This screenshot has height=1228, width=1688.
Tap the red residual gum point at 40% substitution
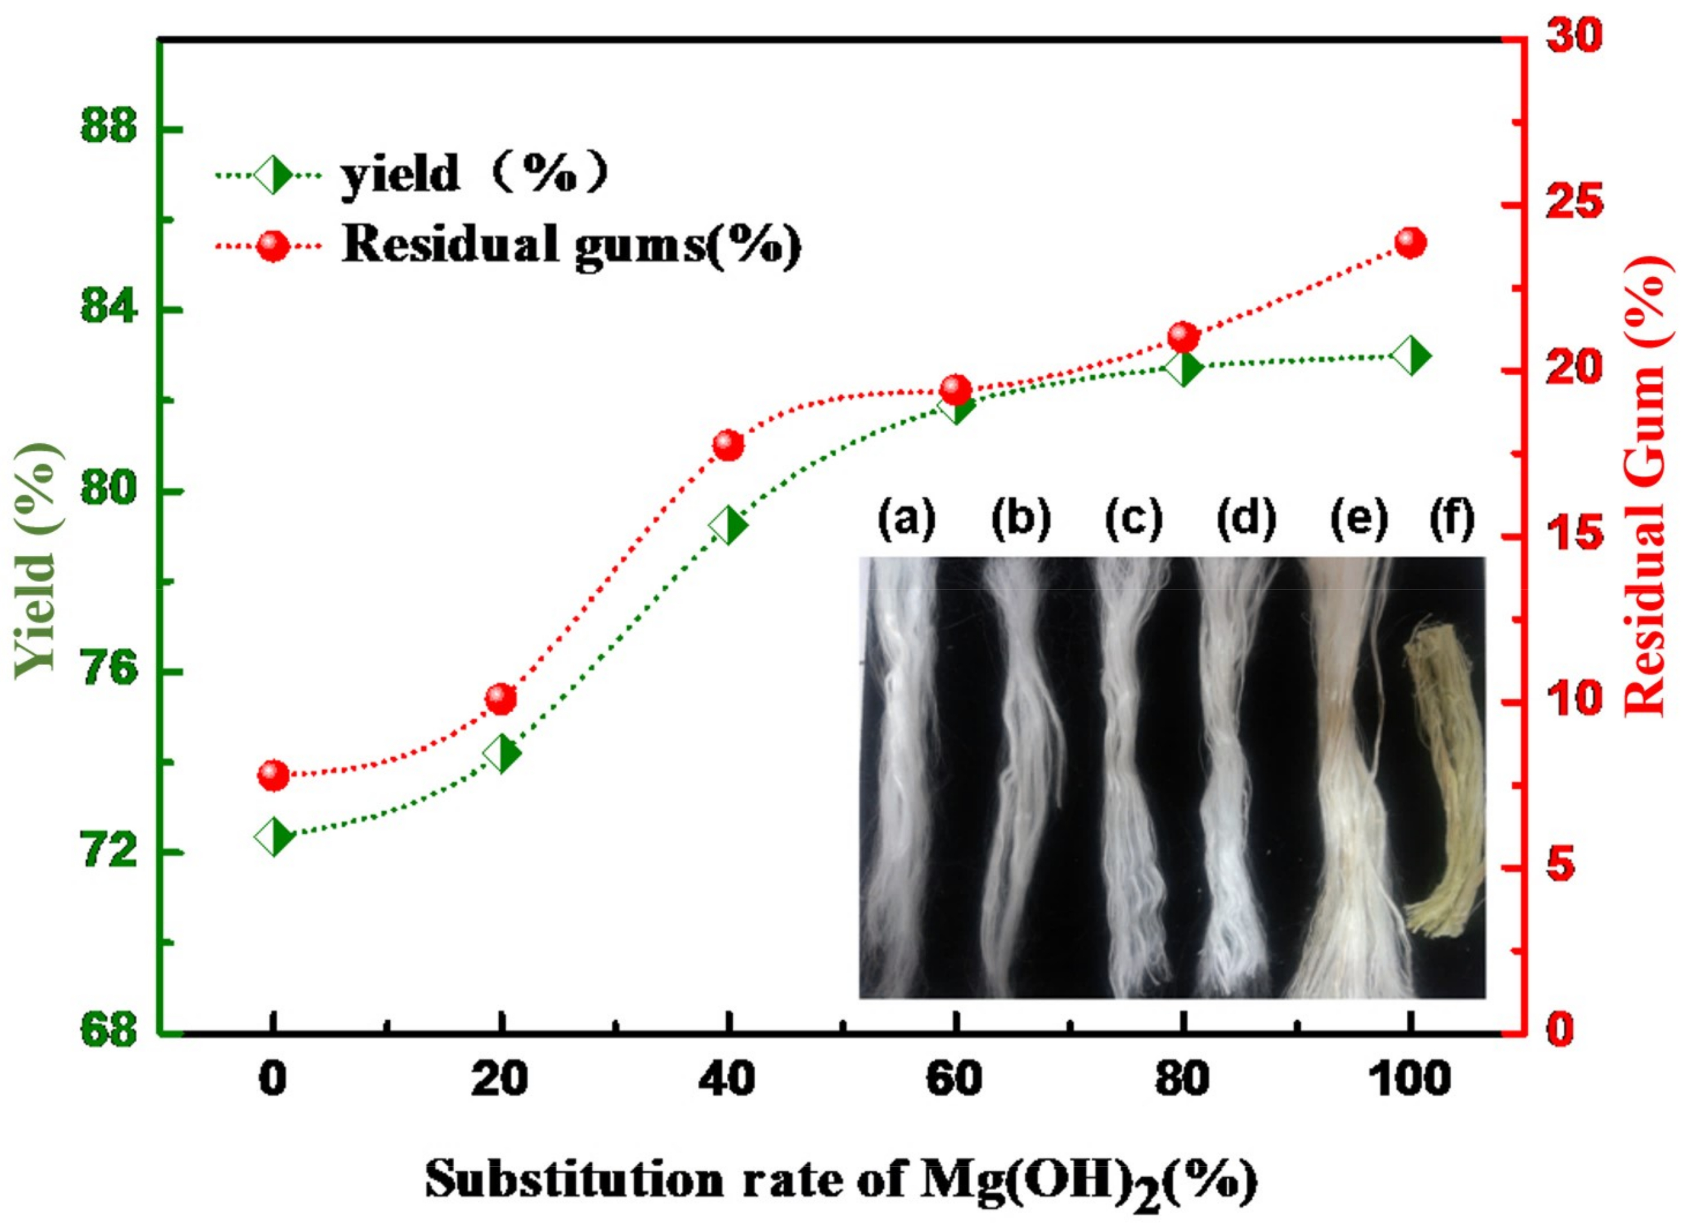tap(728, 445)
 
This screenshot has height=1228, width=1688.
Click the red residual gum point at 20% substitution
tap(501, 698)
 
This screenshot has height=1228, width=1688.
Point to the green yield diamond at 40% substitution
tap(728, 526)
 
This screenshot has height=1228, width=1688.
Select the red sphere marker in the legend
tap(272, 246)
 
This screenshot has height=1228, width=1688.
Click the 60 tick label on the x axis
tap(955, 1079)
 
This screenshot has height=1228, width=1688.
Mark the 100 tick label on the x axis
tap(1409, 1079)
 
